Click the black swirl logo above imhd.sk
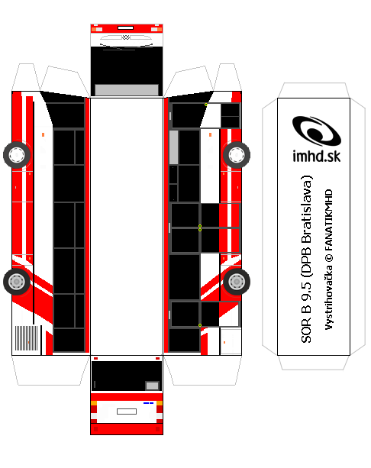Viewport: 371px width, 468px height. [316, 131]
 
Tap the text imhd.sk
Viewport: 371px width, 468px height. [316, 157]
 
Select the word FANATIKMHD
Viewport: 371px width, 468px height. [328, 220]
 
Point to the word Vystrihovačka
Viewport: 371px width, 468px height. [328, 298]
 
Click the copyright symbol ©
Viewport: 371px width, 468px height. [328, 258]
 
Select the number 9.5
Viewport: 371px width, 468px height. [306, 291]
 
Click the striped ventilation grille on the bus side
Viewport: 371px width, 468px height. [27, 338]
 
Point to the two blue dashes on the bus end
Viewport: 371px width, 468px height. [148, 403]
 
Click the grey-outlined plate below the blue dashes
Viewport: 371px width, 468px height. [127, 412]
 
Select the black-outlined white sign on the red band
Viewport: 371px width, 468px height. [126, 27]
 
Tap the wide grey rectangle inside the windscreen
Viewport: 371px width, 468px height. [127, 89]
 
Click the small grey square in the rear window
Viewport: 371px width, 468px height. [152, 386]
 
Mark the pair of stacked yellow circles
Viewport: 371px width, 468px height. [200, 228]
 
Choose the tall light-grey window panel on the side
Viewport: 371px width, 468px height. [174, 147]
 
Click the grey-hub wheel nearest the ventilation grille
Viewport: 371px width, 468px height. [17, 282]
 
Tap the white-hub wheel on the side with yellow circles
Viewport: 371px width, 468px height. [237, 155]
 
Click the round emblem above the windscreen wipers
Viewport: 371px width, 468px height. [126, 37]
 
